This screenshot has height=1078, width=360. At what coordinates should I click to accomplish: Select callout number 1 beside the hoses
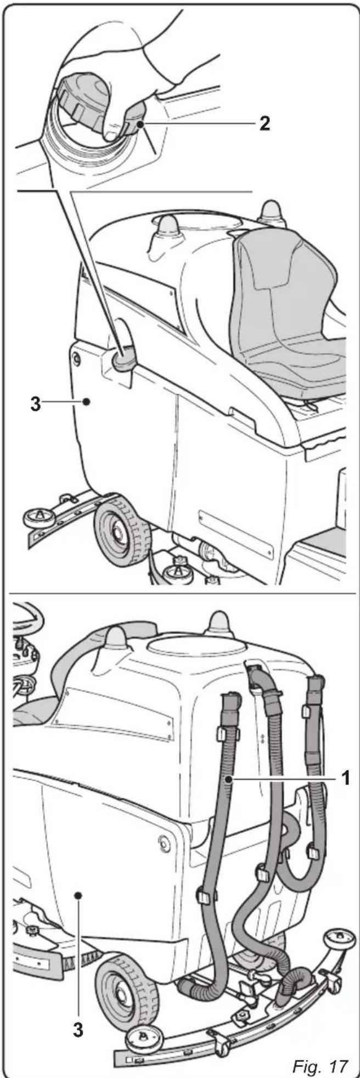click(345, 778)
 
